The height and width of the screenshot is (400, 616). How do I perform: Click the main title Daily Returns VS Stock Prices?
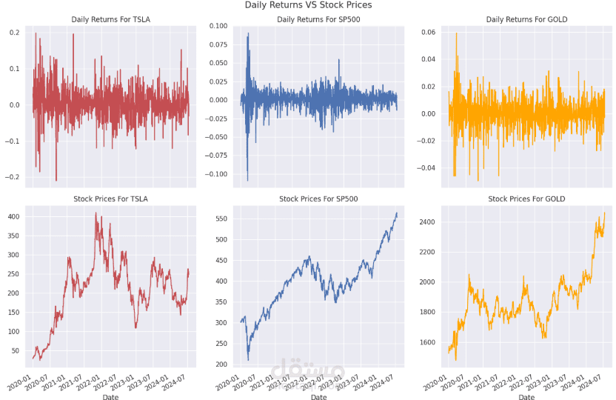[308, 5]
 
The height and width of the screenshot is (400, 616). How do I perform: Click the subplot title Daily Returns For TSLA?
[110, 19]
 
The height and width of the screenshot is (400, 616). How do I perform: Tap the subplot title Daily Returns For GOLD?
[527, 19]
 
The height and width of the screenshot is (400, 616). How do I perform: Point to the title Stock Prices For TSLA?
[110, 199]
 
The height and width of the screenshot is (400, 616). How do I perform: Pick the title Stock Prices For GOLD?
[527, 199]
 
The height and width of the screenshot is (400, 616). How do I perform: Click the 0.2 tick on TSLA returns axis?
[15, 33]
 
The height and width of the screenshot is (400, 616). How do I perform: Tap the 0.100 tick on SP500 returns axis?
[220, 26]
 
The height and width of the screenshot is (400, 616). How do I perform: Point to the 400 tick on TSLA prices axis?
[13, 216]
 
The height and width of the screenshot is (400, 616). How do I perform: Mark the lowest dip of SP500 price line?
[248, 360]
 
